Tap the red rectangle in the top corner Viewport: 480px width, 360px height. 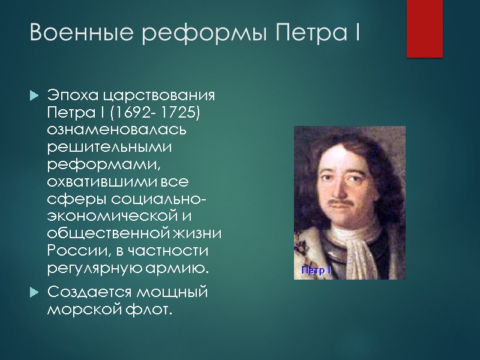[424, 28]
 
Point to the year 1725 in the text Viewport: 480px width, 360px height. [186, 113]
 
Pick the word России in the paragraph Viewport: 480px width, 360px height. [71, 249]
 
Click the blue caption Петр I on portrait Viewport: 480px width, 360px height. [316, 271]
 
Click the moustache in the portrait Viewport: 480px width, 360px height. [340, 203]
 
